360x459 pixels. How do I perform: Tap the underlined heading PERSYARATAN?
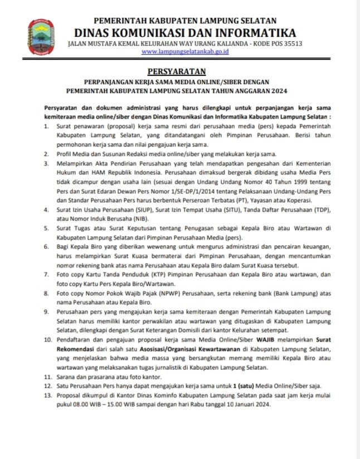[x=176, y=71]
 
